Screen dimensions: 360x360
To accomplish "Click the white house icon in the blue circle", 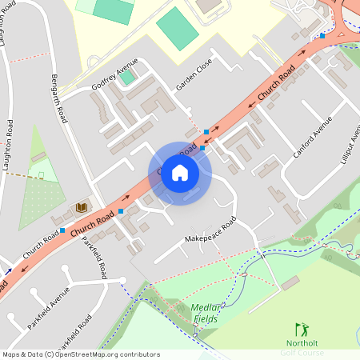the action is coord(180,173).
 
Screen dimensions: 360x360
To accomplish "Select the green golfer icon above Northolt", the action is coord(301,329).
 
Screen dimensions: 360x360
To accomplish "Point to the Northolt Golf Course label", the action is coord(302,348).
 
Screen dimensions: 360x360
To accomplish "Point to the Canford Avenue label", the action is coord(312,136).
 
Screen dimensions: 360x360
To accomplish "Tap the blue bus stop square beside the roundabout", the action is coord(322,35).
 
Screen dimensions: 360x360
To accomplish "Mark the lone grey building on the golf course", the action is coord(290,282).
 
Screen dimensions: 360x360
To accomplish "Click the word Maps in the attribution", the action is coord(11,354).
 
